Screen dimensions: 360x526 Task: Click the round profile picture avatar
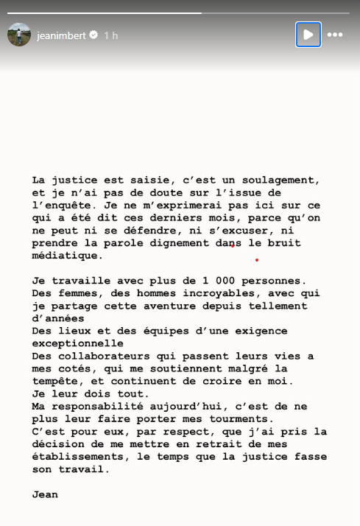pos(19,35)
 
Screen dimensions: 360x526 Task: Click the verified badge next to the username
pos(93,35)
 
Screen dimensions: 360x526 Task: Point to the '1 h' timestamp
pos(111,35)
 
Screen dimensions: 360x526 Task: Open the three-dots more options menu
pos(335,35)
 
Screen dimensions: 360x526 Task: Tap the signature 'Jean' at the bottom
pos(44,495)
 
